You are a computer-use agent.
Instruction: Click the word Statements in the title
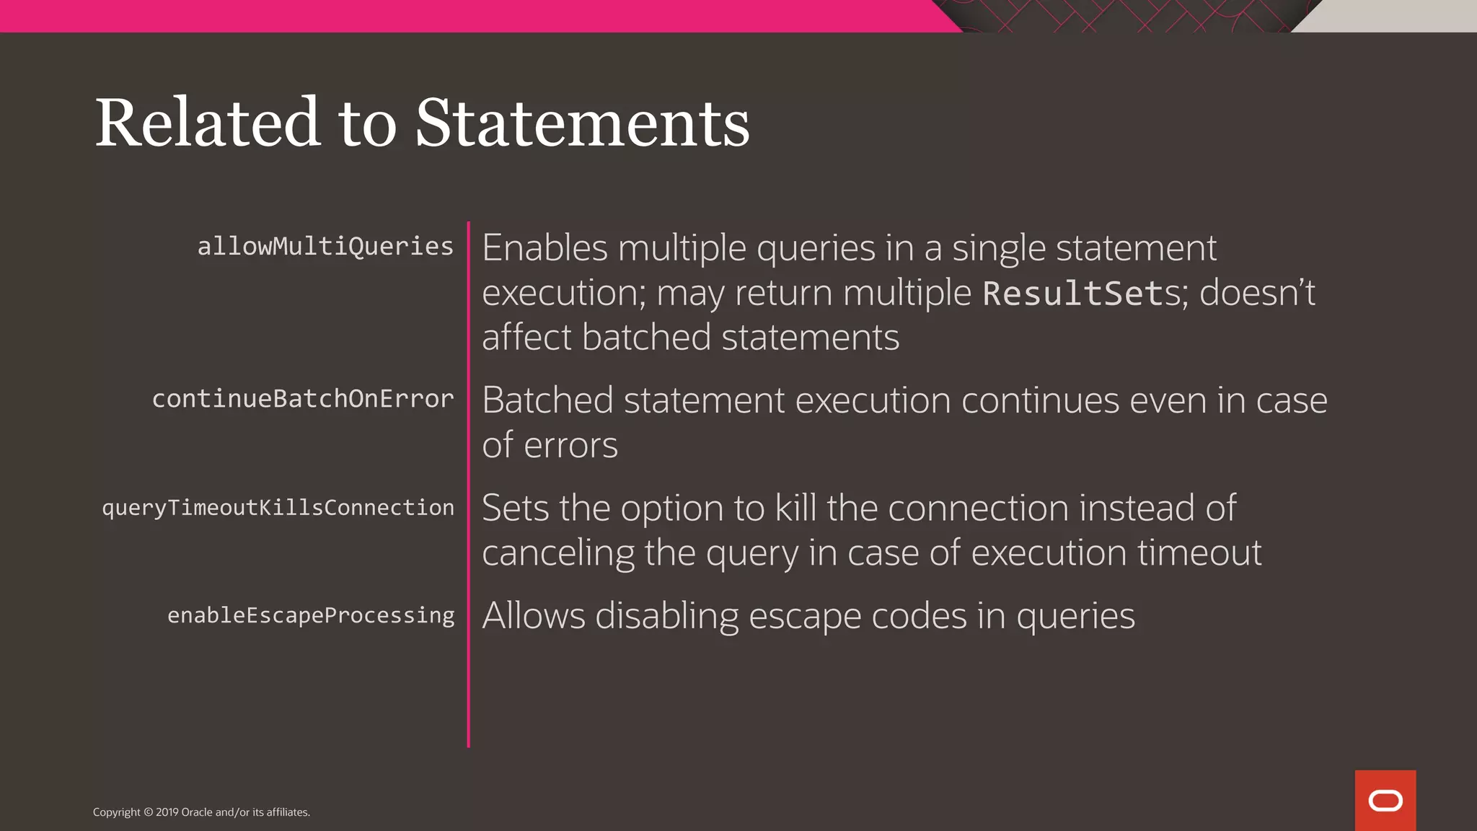(582, 123)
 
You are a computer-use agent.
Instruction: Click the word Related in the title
(207, 123)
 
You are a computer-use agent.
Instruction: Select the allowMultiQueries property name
(325, 247)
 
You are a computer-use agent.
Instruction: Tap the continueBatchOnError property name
(303, 399)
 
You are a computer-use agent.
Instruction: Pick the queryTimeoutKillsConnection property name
(278, 508)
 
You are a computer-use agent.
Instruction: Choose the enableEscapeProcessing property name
(311, 615)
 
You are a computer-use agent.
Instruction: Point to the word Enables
(544, 248)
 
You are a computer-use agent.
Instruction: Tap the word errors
(570, 445)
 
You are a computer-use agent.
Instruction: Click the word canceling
(557, 553)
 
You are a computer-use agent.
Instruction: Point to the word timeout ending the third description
(1199, 553)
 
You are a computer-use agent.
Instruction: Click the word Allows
(534, 616)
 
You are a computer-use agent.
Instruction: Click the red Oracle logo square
(1385, 800)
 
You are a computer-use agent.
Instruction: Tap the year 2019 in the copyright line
(167, 812)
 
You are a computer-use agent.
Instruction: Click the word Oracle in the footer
(196, 812)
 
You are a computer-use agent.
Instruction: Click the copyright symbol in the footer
(149, 812)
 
